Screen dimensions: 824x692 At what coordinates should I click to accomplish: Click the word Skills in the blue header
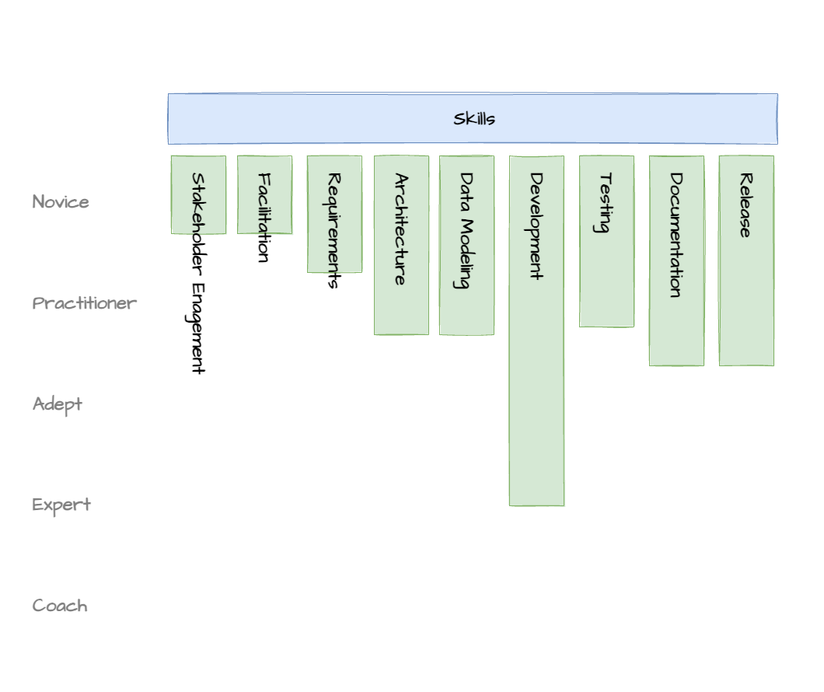(x=474, y=119)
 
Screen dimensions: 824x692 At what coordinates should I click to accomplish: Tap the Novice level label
(x=61, y=201)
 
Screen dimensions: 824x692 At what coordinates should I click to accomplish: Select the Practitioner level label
(x=84, y=303)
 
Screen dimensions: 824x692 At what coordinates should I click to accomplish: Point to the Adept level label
(x=58, y=404)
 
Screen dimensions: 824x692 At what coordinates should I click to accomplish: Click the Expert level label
(x=61, y=505)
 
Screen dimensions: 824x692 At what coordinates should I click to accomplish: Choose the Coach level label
(x=60, y=606)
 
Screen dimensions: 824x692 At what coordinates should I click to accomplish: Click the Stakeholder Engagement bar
(x=199, y=194)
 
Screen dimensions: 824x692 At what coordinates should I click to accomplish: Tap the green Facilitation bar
(x=265, y=194)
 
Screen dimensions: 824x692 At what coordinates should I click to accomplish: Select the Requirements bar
(x=335, y=214)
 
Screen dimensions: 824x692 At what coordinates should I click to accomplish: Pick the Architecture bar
(x=401, y=245)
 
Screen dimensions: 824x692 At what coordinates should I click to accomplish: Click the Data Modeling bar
(x=466, y=245)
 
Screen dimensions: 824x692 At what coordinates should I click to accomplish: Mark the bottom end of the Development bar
(x=536, y=505)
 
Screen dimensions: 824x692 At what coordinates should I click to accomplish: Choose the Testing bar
(x=606, y=241)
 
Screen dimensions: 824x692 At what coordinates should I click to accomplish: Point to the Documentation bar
(x=676, y=260)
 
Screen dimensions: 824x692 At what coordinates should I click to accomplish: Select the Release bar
(x=746, y=260)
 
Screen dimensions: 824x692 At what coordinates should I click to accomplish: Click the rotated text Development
(x=536, y=226)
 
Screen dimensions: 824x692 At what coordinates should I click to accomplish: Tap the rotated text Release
(x=745, y=205)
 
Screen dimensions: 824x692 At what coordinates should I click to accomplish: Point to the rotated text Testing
(x=606, y=203)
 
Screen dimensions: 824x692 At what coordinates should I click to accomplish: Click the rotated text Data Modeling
(x=466, y=231)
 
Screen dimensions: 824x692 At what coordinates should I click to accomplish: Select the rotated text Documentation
(x=676, y=235)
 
